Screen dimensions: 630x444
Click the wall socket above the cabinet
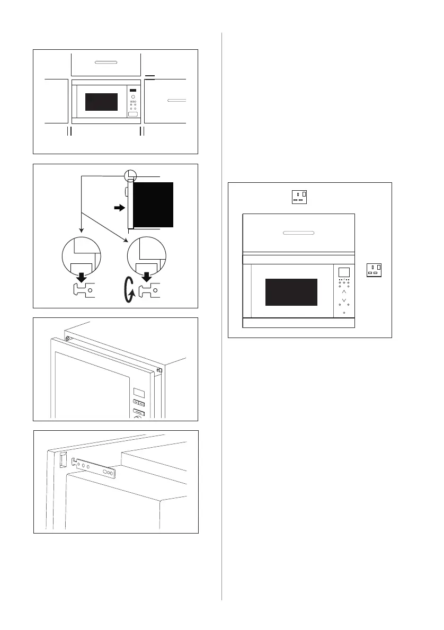[300, 197]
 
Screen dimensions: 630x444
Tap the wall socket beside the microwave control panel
[374, 270]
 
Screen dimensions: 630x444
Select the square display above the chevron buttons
[344, 271]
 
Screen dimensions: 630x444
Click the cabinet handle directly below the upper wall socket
[299, 232]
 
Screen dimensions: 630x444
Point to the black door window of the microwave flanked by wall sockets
[291, 292]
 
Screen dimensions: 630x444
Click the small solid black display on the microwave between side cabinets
[133, 90]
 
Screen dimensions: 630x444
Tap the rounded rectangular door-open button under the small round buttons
[133, 114]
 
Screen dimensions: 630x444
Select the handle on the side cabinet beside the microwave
[177, 99]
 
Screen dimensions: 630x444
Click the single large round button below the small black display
[133, 96]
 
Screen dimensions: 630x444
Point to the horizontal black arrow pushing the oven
[120, 209]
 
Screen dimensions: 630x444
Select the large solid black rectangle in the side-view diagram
[153, 204]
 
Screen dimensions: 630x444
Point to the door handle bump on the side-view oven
[127, 191]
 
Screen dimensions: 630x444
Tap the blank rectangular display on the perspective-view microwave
[139, 393]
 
